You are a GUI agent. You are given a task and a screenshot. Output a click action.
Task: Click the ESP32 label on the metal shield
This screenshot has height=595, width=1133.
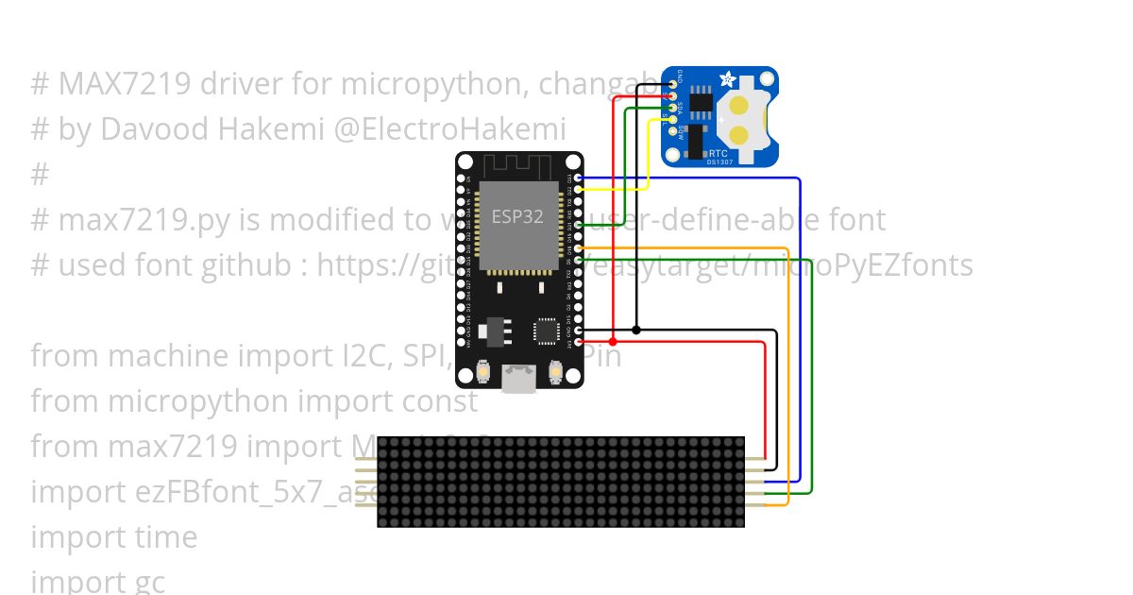[x=517, y=216]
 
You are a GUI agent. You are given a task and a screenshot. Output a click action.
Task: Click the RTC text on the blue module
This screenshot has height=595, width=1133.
[x=718, y=152]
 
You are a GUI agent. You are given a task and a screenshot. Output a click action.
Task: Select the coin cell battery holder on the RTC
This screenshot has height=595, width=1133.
[x=746, y=118]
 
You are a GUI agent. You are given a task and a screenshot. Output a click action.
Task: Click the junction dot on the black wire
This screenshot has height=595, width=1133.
[x=636, y=330]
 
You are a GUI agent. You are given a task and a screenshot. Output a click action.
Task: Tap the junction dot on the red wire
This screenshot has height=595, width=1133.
[x=614, y=341]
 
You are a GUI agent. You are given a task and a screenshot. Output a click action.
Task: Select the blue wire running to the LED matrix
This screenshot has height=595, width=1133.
[x=800, y=331]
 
